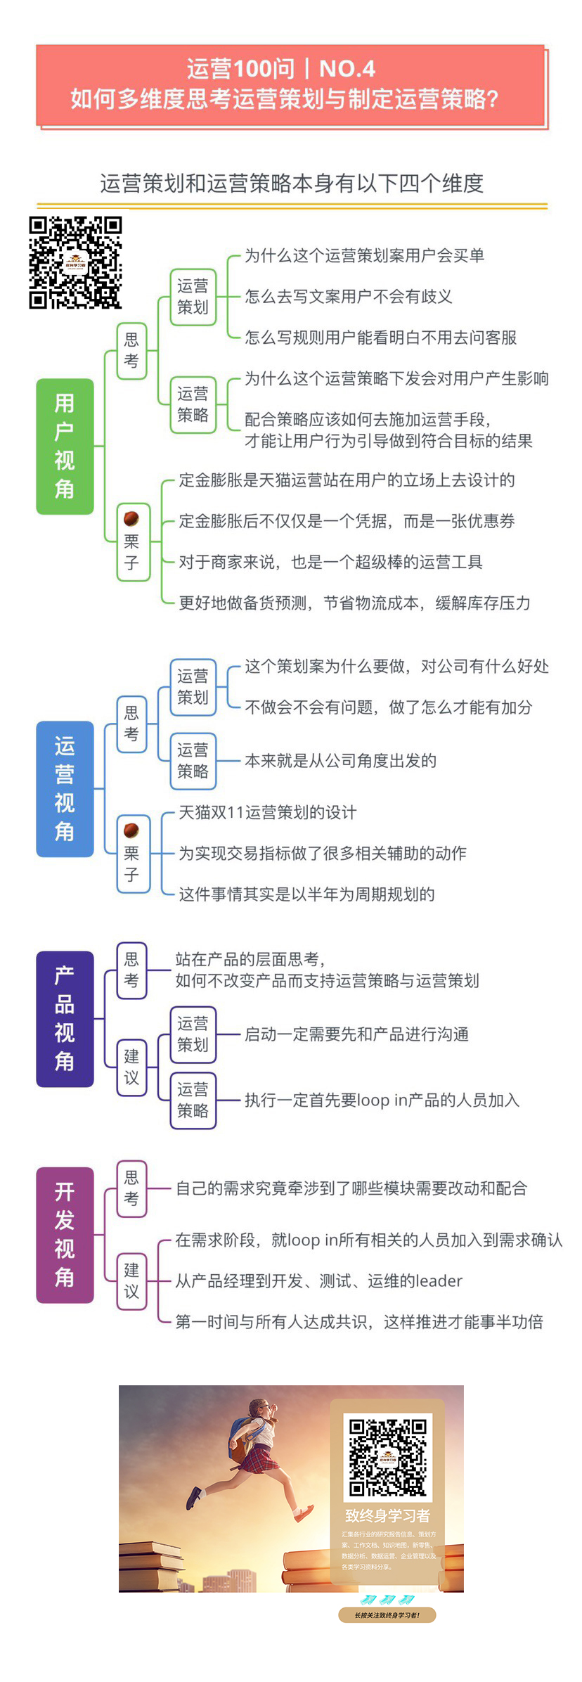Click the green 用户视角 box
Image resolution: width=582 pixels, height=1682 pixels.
click(x=65, y=446)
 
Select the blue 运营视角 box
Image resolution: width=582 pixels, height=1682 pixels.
click(x=65, y=788)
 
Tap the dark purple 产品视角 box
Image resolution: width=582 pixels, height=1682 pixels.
click(x=65, y=1018)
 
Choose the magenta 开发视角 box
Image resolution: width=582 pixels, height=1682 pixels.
click(x=65, y=1235)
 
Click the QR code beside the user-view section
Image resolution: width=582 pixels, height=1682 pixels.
click(x=75, y=262)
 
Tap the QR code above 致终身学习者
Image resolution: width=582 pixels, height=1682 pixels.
click(x=387, y=1456)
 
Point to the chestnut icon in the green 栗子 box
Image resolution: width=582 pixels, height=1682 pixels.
click(x=131, y=519)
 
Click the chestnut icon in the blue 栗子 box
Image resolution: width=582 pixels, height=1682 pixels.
click(x=131, y=830)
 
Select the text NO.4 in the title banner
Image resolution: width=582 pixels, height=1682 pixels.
click(x=347, y=69)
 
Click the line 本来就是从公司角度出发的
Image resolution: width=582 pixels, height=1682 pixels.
click(x=340, y=760)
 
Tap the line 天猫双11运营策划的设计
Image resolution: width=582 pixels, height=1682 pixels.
click(x=267, y=812)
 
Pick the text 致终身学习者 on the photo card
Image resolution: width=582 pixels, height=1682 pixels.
click(x=387, y=1515)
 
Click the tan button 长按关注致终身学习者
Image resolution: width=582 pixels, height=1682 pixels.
click(x=387, y=1615)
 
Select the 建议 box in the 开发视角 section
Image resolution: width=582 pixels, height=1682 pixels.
click(x=131, y=1280)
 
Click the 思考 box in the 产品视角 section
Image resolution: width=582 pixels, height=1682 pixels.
click(x=131, y=970)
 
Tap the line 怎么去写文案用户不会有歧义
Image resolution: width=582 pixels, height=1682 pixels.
click(x=348, y=296)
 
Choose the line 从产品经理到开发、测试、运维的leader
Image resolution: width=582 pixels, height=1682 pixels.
click(x=318, y=1280)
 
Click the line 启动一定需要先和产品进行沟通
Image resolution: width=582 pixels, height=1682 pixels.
click(x=356, y=1034)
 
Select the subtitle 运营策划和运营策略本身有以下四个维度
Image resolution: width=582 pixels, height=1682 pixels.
click(x=291, y=184)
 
